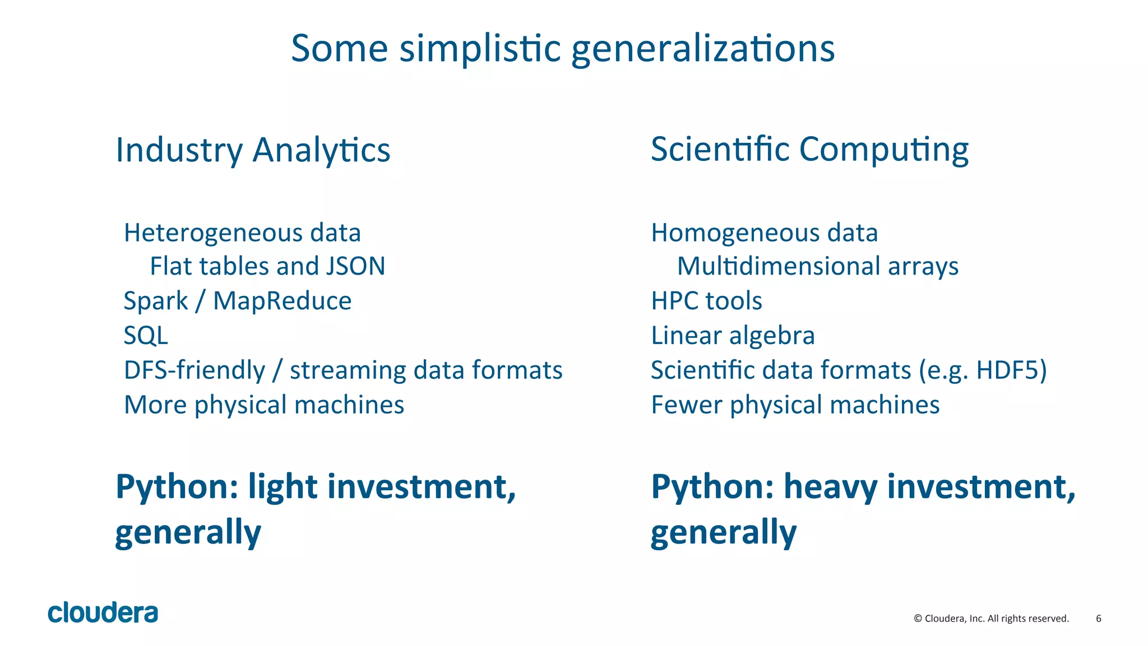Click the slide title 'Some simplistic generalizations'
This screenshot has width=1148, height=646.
[563, 48]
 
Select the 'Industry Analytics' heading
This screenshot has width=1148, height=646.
[253, 150]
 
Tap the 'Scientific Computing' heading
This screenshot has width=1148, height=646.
[809, 150]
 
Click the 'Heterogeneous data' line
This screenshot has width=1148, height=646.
[242, 233]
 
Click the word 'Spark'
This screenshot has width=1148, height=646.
[156, 301]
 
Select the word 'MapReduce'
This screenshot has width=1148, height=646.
[282, 301]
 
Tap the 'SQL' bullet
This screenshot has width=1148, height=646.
[146, 336]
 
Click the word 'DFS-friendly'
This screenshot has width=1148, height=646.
[195, 370]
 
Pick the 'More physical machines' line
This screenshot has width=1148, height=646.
[264, 405]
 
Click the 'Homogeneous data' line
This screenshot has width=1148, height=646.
[764, 233]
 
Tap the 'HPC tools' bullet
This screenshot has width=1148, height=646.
[706, 301]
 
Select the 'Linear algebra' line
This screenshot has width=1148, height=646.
[733, 336]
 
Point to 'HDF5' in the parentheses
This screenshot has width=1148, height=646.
[1007, 370]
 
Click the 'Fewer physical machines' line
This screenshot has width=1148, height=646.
[795, 405]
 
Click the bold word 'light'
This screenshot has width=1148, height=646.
[283, 486]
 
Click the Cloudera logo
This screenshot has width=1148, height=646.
[103, 613]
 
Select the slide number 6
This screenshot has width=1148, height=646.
[1099, 619]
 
